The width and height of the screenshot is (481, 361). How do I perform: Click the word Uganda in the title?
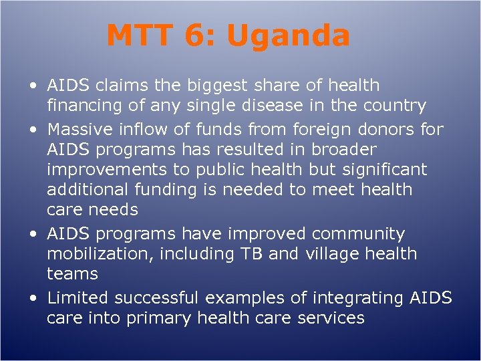(x=288, y=36)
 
